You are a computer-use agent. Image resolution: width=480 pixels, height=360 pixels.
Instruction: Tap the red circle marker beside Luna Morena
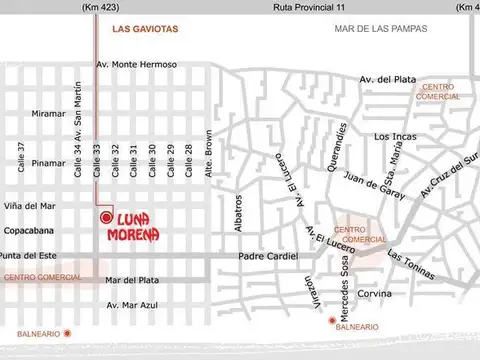tap(105, 217)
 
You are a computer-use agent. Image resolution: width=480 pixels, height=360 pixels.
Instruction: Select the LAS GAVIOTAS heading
tap(146, 29)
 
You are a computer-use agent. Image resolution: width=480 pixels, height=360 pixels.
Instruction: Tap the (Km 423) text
tap(97, 8)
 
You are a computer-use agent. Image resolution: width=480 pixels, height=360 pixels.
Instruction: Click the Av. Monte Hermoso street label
tap(136, 65)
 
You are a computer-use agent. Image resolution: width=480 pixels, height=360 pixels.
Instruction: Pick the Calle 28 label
tap(189, 160)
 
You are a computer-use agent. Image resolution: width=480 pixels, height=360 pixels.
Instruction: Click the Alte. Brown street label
tap(209, 156)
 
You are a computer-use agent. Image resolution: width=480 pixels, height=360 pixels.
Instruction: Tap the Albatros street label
tap(238, 211)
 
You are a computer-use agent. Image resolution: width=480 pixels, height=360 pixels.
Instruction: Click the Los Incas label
tap(394, 136)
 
